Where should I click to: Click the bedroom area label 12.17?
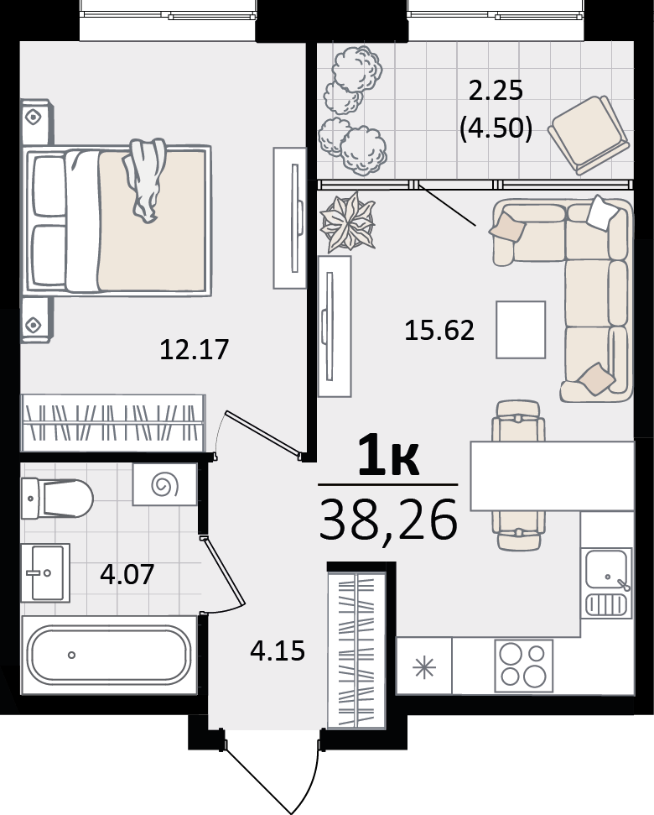195,349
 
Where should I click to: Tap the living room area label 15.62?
439,330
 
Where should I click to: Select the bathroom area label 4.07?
127,574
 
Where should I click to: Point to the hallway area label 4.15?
278,650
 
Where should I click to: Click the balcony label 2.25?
496,91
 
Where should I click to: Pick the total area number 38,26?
388,520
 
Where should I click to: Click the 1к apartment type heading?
388,455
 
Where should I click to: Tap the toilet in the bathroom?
57,499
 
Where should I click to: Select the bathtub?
109,655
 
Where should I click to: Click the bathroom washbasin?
45,572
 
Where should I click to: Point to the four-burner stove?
524,666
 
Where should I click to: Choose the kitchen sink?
607,583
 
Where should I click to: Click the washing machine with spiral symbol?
164,484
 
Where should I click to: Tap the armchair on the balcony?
588,134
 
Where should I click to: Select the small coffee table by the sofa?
521,330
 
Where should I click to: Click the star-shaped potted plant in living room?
348,222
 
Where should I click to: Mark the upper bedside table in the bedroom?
36,122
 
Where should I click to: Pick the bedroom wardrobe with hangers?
113,422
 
